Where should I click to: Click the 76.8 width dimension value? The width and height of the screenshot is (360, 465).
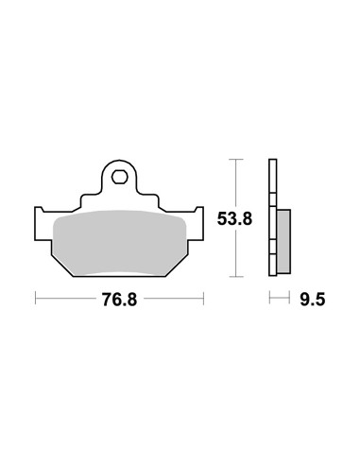click(119, 300)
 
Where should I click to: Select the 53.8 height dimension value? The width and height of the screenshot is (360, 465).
click(234, 218)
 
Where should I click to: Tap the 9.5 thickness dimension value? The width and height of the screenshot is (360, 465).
click(312, 300)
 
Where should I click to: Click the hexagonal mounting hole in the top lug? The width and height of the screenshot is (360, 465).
click(119, 177)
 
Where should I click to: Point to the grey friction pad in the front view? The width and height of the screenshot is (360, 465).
click(120, 242)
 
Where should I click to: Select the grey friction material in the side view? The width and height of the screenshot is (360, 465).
click(283, 241)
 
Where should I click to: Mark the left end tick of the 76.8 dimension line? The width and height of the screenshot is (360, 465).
click(35, 298)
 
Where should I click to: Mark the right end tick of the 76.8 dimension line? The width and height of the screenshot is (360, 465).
click(203, 298)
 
